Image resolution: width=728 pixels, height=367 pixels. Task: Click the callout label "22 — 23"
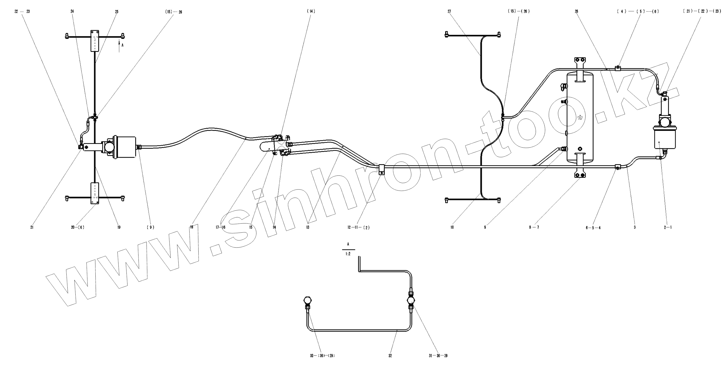[22, 12]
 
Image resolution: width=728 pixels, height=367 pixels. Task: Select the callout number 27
[449, 12]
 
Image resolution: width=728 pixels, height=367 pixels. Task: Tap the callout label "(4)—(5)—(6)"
[638, 12]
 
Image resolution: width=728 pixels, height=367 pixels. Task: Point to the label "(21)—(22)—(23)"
[702, 12]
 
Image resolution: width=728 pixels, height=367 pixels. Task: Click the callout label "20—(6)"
[78, 227]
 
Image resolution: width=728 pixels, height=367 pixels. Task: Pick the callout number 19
[119, 227]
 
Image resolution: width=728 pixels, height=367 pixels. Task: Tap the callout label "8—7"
[534, 227]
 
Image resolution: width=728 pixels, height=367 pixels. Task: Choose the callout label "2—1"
[668, 227]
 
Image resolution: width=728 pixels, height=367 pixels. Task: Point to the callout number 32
[390, 356]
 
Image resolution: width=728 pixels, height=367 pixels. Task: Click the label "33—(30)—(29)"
[322, 356]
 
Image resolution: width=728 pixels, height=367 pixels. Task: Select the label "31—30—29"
[438, 356]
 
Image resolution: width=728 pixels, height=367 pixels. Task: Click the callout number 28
[576, 12]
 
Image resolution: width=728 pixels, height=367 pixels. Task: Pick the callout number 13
[308, 227]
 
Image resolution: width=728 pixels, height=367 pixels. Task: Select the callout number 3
[634, 227]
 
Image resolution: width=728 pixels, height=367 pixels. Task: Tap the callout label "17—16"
[220, 227]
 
